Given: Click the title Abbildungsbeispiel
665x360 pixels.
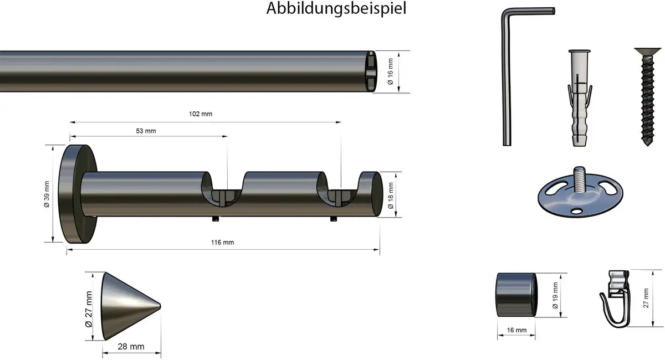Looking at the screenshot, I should (x=336, y=9).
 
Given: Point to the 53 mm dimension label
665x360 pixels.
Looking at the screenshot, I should (x=146, y=131).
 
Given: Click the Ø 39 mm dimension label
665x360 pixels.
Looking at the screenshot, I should (x=48, y=194).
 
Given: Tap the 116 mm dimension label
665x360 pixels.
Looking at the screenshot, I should (x=223, y=242).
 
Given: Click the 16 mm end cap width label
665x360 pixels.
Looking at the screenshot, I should (x=516, y=330).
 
